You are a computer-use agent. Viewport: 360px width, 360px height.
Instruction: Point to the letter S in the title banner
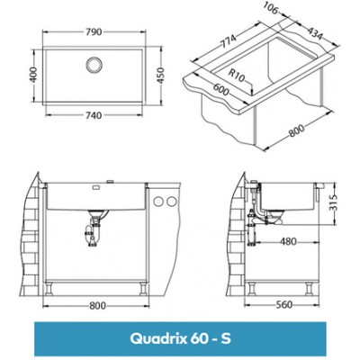(230, 339)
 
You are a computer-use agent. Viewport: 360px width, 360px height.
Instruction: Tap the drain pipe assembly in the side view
(254, 220)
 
